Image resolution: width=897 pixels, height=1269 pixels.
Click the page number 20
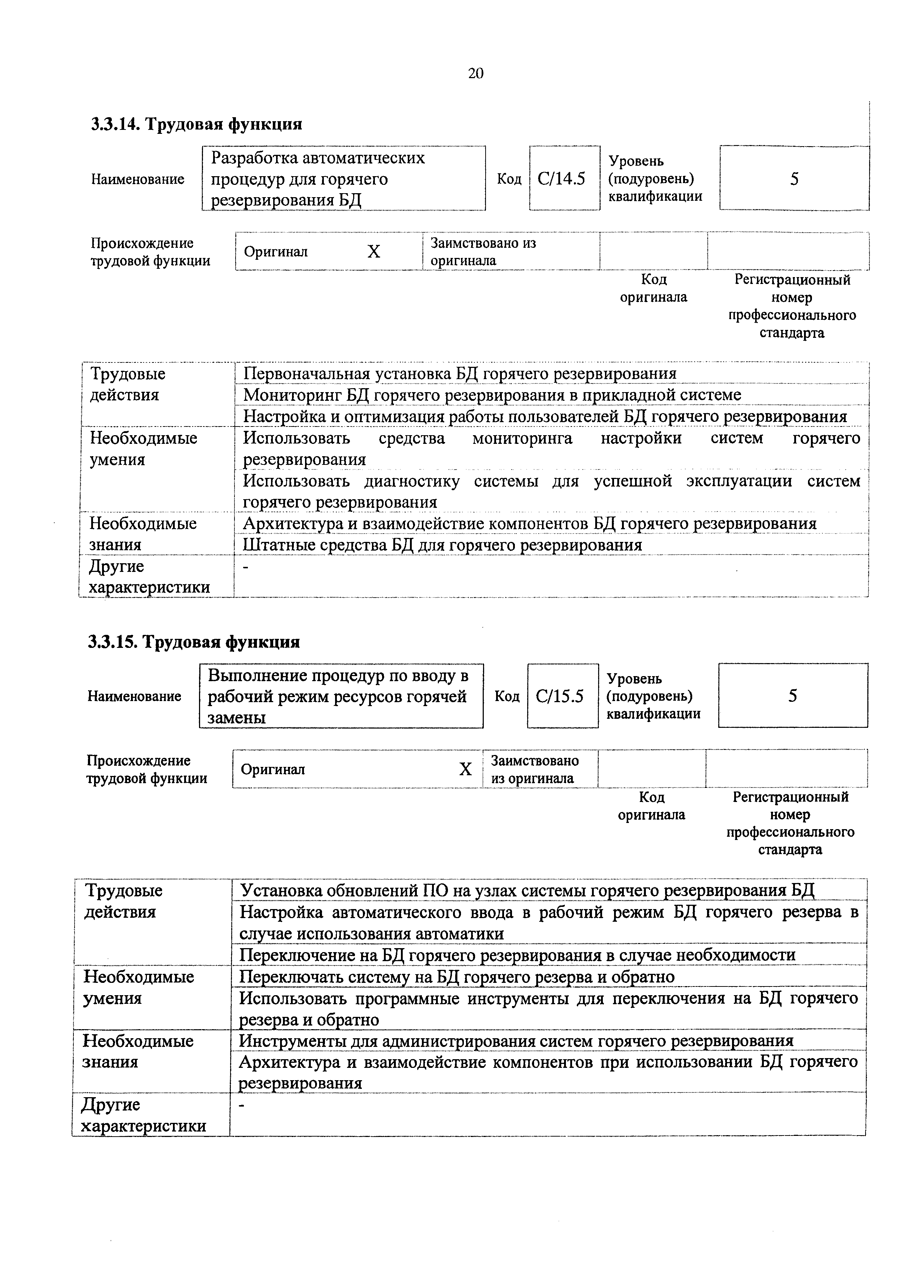coord(475,73)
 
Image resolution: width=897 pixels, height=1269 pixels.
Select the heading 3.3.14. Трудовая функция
coord(197,124)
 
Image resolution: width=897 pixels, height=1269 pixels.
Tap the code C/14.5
coord(562,179)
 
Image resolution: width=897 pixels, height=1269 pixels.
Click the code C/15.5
coord(559,696)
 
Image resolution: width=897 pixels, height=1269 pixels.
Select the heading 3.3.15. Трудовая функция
coord(194,642)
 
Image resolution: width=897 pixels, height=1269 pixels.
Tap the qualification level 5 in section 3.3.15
coord(792,695)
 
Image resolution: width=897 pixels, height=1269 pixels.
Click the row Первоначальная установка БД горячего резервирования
coord(460,374)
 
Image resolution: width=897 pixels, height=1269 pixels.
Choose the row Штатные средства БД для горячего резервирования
coord(442,545)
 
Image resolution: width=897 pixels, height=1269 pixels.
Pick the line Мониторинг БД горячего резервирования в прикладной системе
coord(492,395)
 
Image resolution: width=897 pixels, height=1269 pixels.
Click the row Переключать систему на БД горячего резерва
coord(457,977)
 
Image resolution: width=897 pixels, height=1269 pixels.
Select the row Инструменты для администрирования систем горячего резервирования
coord(516,1041)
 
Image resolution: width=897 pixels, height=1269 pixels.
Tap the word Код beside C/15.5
coord(507,696)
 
